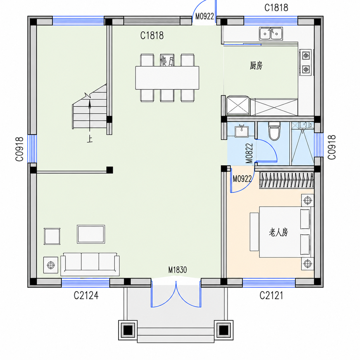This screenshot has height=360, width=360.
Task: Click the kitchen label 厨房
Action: tap(256, 65)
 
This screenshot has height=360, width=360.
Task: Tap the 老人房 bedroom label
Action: tap(278, 233)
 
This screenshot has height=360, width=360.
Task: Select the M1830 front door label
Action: tap(177, 270)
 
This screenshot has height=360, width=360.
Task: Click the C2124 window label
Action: tap(86, 295)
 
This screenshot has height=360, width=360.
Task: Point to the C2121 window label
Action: tap(271, 295)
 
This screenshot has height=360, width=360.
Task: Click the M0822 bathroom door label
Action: tap(249, 153)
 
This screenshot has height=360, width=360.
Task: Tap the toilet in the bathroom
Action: tap(274, 131)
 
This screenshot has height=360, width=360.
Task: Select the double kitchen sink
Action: tap(271, 34)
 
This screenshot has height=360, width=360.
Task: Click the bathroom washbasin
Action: tap(241, 131)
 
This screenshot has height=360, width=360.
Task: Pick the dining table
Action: tap(167, 78)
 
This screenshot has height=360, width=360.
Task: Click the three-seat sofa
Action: tap(90, 264)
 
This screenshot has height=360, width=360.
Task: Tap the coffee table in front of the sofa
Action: tap(91, 234)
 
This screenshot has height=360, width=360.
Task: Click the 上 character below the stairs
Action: tap(90, 140)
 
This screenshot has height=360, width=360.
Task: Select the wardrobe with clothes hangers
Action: tap(287, 180)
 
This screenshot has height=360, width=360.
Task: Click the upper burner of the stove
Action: tap(306, 55)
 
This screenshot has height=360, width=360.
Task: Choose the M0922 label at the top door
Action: tap(205, 16)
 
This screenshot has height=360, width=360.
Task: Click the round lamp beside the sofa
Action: tap(51, 265)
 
